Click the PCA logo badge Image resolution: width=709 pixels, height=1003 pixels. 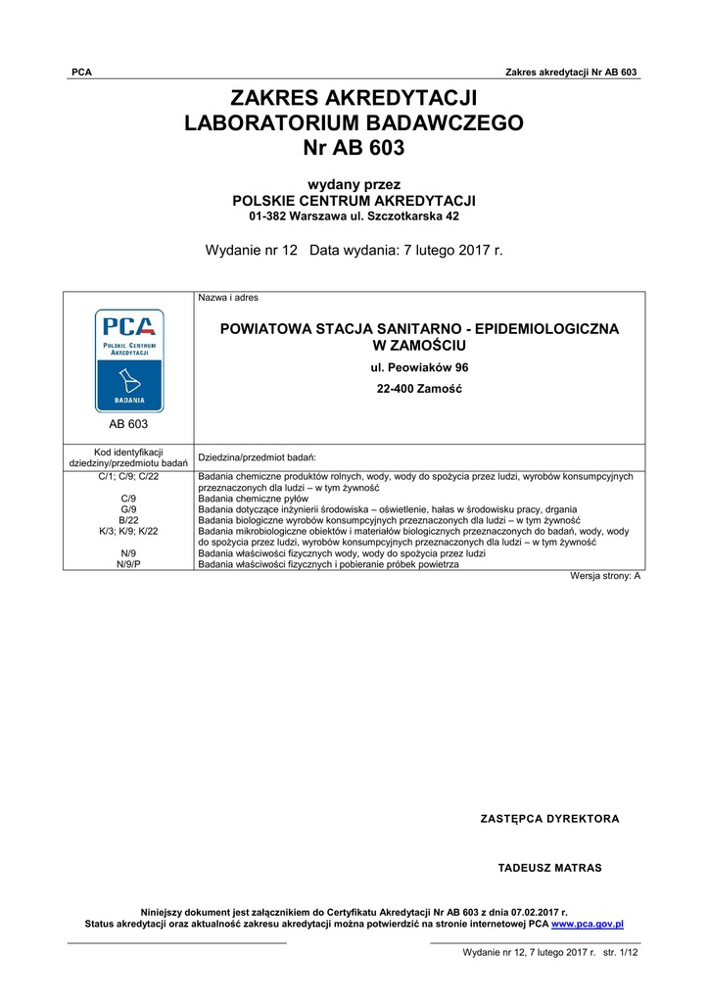[128, 359]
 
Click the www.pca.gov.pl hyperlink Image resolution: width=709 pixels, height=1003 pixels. [588, 924]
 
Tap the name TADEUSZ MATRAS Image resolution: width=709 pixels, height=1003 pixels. [549, 868]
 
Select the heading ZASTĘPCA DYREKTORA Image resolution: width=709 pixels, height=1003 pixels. [549, 819]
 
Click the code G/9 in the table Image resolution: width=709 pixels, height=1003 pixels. [128, 509]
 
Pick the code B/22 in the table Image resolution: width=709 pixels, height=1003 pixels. [128, 520]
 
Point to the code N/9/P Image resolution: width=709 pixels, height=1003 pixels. [128, 564]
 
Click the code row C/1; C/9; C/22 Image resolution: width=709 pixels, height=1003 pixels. [128, 476]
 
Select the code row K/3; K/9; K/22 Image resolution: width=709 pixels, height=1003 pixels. [128, 531]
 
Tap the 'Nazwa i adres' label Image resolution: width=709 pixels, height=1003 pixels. [228, 298]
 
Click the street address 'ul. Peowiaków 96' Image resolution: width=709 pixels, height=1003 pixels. [419, 367]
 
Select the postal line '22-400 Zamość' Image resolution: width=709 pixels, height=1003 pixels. [419, 389]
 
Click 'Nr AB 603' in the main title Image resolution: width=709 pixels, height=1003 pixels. [354, 149]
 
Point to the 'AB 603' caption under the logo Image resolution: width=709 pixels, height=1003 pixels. [128, 425]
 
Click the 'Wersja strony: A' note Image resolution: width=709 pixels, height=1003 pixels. [605, 576]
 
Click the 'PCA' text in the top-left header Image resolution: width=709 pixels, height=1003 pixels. [82, 72]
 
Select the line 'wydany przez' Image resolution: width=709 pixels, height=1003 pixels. [354, 184]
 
